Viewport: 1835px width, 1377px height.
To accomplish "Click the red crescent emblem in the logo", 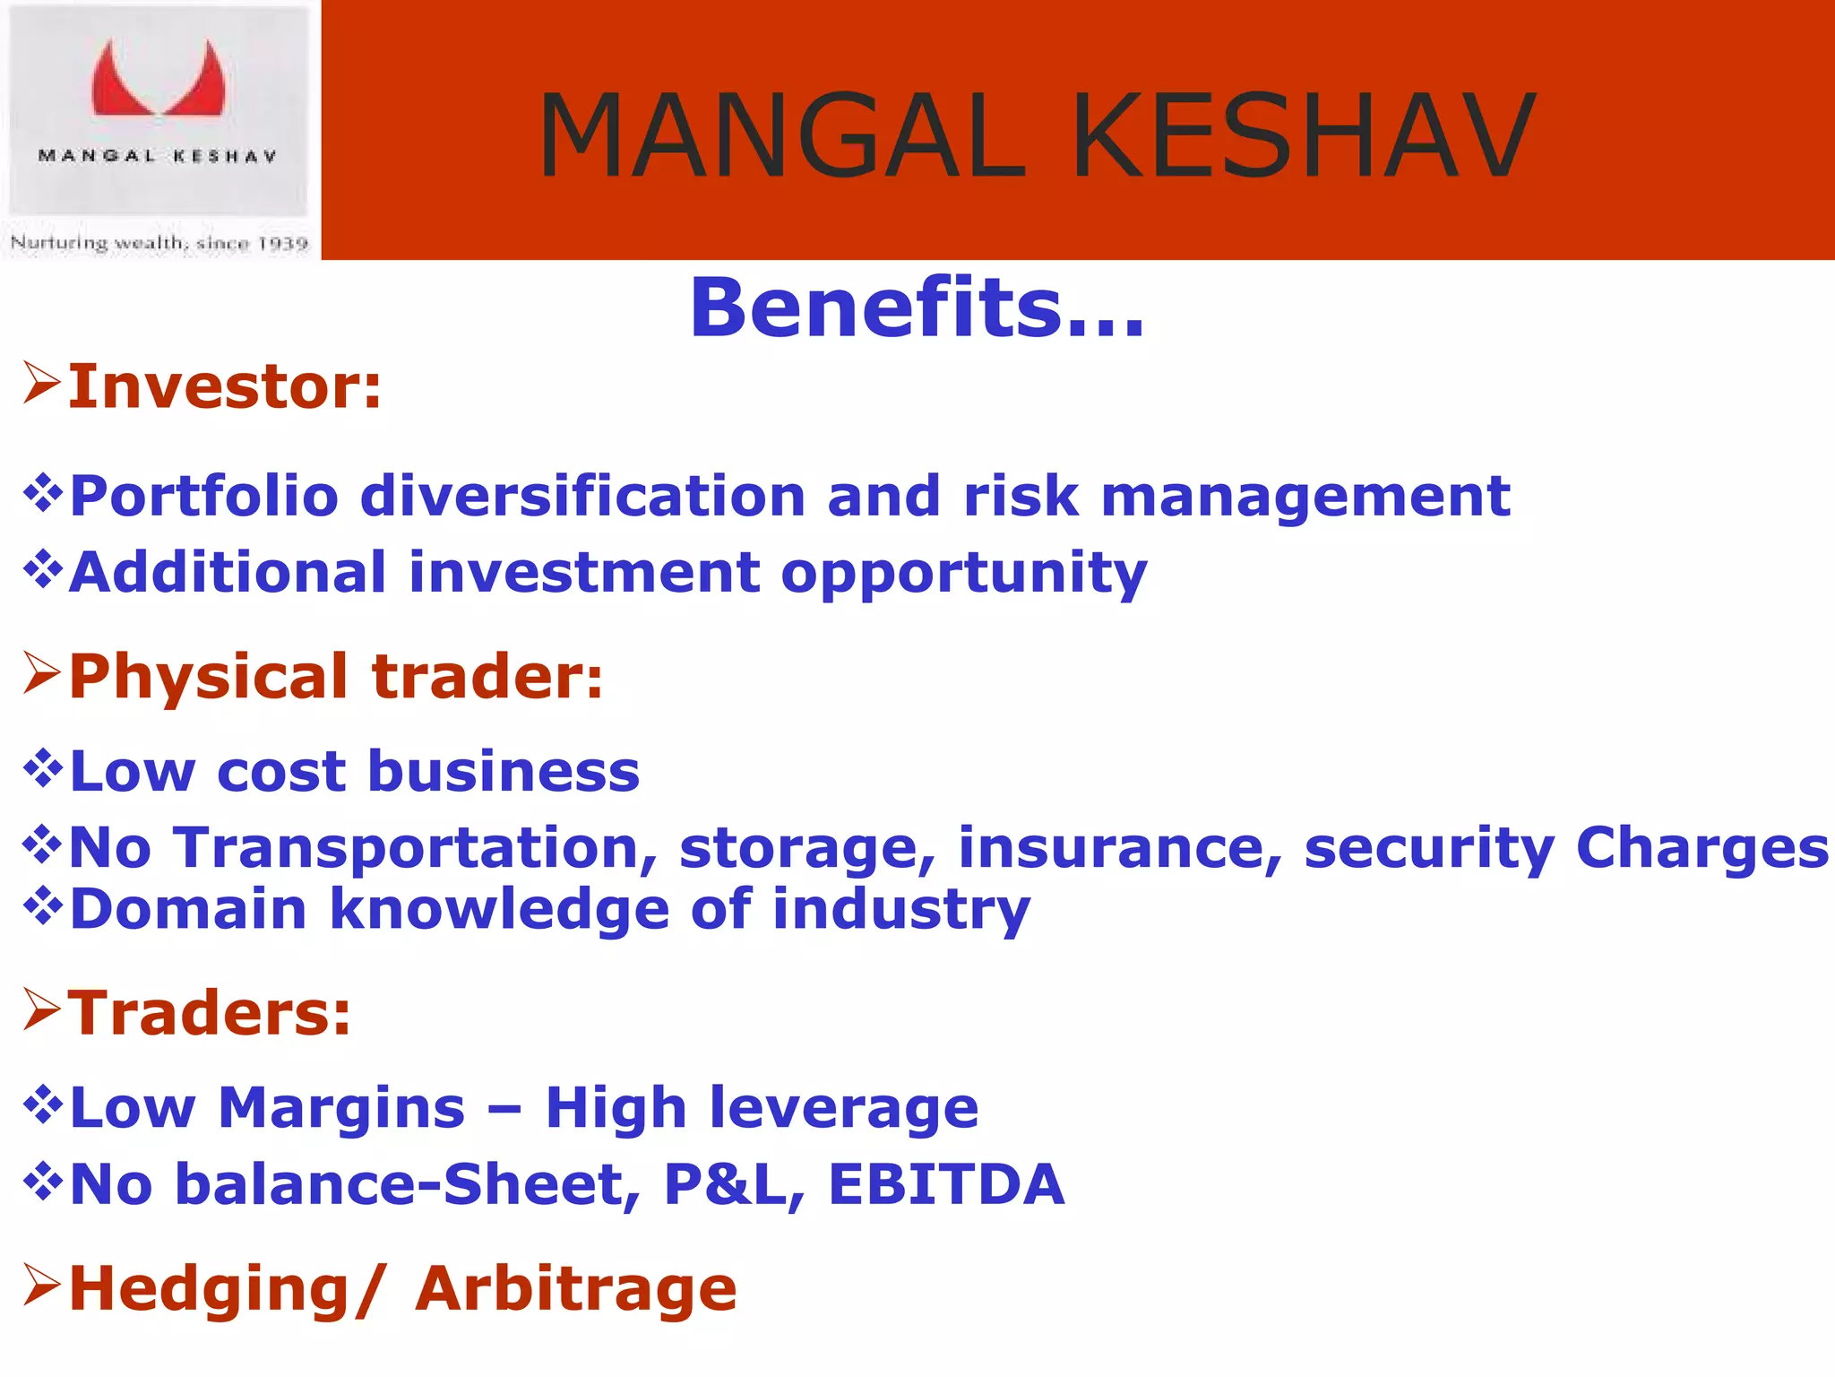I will [159, 81].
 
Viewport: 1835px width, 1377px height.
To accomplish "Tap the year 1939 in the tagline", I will [282, 244].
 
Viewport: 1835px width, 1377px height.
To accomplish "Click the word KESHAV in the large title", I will [1303, 136].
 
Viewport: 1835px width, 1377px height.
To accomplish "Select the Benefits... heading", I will [917, 308].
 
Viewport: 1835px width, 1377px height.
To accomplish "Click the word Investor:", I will [225, 387].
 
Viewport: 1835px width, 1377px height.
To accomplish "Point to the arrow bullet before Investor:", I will [41, 383].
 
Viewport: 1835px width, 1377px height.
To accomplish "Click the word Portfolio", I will [204, 497].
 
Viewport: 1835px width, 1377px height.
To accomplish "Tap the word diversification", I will [582, 497].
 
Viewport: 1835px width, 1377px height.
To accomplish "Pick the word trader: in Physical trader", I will [487, 677].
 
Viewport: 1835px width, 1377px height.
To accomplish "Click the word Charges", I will [1701, 848].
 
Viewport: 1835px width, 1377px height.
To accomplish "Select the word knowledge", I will [499, 910].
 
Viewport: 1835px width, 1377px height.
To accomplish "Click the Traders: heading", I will [210, 1014].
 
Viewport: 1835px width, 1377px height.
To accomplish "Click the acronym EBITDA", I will [946, 1185].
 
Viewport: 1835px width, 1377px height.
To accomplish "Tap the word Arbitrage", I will [575, 1289].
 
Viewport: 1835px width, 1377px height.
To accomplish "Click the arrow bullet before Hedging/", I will [41, 1285].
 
